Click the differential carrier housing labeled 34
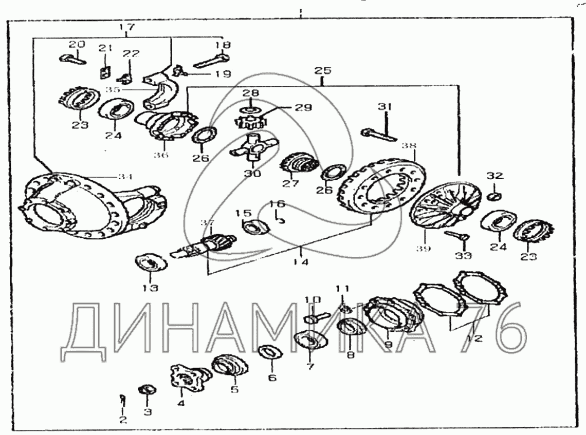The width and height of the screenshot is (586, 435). click(87, 205)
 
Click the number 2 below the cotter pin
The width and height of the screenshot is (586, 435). click(122, 420)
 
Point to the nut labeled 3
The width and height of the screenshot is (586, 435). click(146, 389)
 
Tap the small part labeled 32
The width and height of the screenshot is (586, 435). click(495, 196)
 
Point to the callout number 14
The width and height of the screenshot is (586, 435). click(301, 262)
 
